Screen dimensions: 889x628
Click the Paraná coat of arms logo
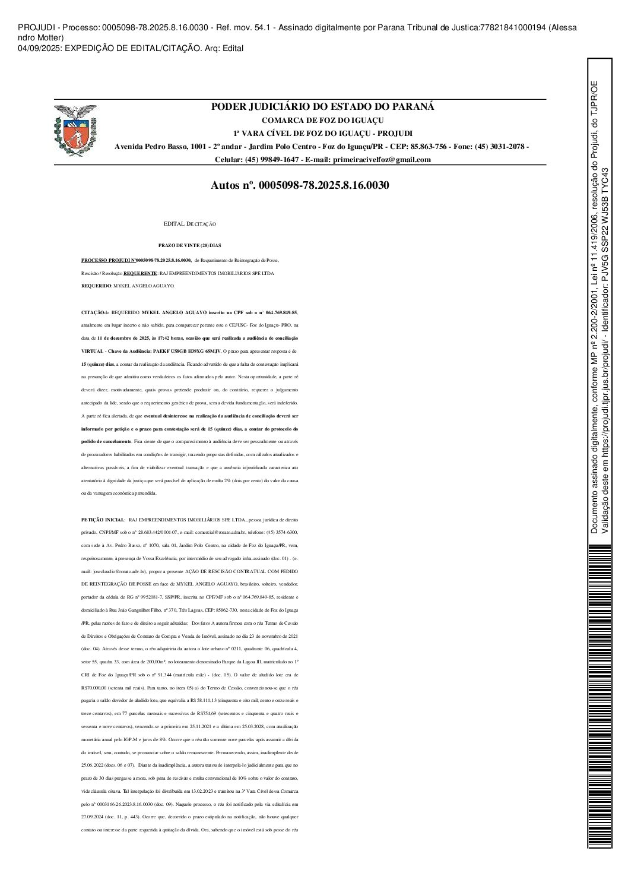75,131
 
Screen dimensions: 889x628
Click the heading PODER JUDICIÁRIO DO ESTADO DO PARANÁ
323,107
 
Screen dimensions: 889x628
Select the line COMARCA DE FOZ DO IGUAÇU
323,121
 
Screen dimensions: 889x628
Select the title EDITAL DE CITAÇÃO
190,224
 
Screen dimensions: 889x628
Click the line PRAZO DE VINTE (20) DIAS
189,245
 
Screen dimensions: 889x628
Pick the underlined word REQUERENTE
140,273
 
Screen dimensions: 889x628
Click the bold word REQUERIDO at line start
96,286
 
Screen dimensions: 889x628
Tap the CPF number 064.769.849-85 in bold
280,312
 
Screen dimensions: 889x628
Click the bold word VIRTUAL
90,351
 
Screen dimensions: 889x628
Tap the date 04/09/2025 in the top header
37,48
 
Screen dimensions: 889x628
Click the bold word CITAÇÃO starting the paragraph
92,312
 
